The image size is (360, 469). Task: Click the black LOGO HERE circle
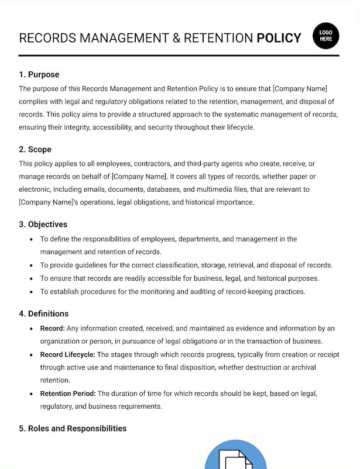[326, 36]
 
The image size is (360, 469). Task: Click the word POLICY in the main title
[279, 39]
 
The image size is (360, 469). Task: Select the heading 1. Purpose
[39, 75]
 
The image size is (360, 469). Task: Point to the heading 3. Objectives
[43, 225]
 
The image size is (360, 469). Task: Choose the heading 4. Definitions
[44, 314]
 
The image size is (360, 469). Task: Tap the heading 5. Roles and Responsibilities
[73, 429]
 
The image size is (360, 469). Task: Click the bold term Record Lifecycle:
[67, 354]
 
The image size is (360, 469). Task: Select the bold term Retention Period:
[67, 394]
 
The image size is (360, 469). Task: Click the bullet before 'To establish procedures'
[30, 292]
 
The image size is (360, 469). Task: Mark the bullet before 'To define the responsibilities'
[30, 239]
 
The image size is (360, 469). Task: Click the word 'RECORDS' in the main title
[48, 39]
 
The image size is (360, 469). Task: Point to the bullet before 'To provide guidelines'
[30, 265]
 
